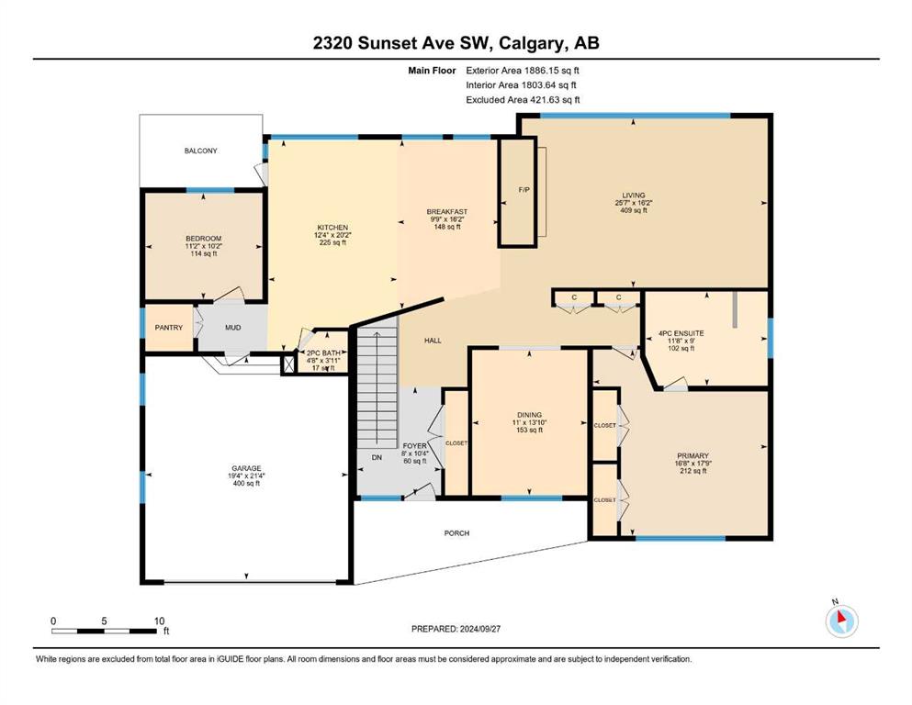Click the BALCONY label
click(x=200, y=151)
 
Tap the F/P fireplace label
click(x=524, y=190)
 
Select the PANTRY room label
click(x=169, y=328)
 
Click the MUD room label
click(x=232, y=328)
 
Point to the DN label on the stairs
click(x=377, y=457)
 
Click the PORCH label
click(x=456, y=533)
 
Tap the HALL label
click(x=433, y=341)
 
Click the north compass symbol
click(x=841, y=621)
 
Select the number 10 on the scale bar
click(x=160, y=621)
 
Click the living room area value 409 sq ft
click(x=634, y=210)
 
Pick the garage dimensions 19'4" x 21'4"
click(x=246, y=476)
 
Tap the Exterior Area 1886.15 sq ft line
click(x=523, y=71)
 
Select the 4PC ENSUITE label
click(x=681, y=333)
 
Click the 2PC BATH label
click(x=323, y=352)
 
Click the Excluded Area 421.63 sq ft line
click(x=523, y=99)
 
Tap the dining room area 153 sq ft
click(x=529, y=431)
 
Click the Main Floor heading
click(x=432, y=71)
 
